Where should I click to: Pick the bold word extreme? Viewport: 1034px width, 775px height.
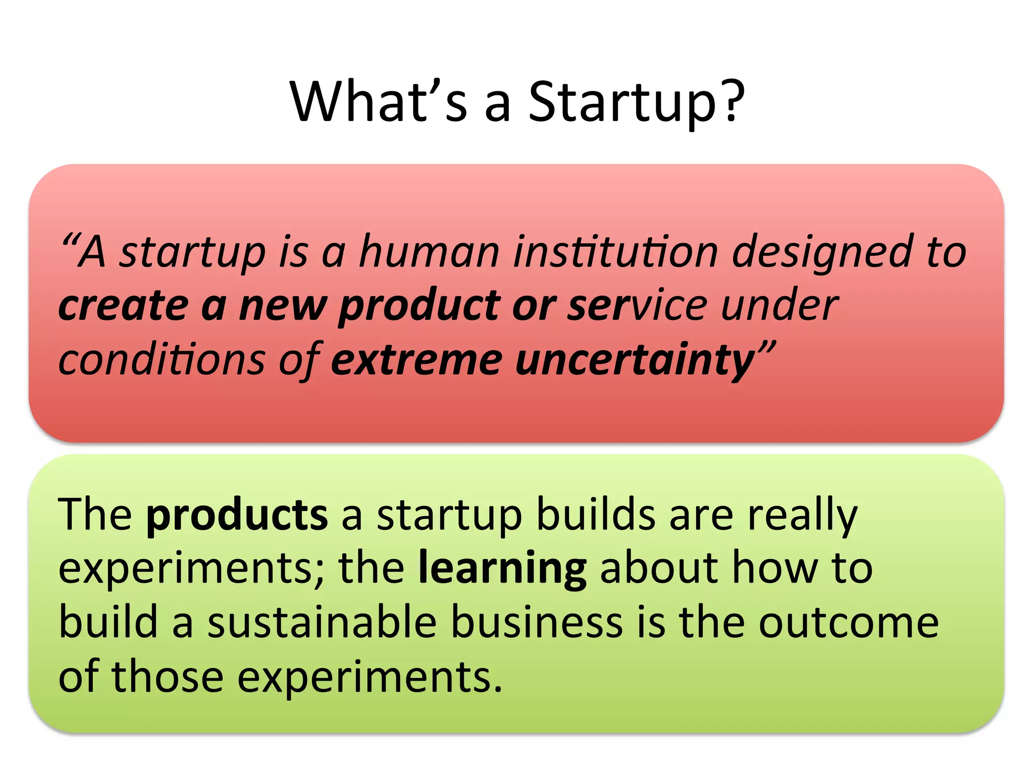click(x=417, y=360)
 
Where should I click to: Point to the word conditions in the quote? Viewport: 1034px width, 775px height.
click(x=162, y=360)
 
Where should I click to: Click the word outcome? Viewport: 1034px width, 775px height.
click(x=849, y=623)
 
